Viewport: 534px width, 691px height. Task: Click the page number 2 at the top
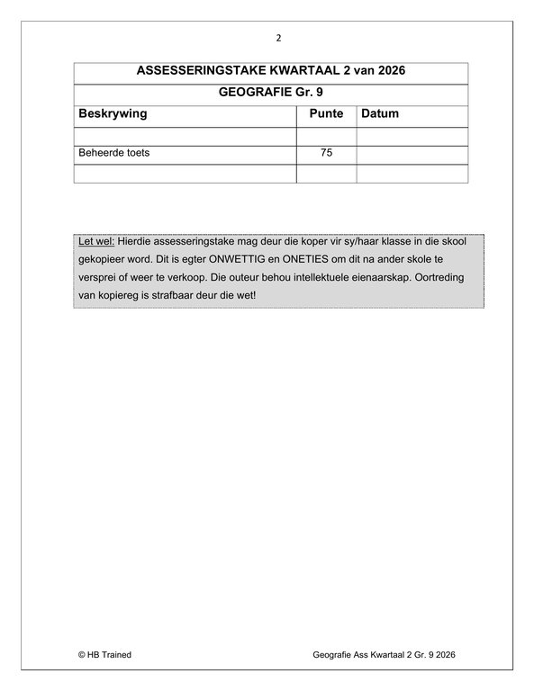tap(278, 38)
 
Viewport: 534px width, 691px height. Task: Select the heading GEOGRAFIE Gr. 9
tap(270, 93)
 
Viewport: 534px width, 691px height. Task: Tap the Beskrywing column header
tap(113, 114)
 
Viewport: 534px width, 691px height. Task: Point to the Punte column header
tap(326, 114)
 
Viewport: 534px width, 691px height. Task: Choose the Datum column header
tap(380, 114)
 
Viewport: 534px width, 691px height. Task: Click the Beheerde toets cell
tap(114, 153)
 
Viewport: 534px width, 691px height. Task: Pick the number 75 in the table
tap(326, 153)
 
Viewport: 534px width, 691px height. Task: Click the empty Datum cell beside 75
tap(412, 153)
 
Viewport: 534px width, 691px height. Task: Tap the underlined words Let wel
tap(96, 243)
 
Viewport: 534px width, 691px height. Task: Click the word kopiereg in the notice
tap(122, 296)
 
